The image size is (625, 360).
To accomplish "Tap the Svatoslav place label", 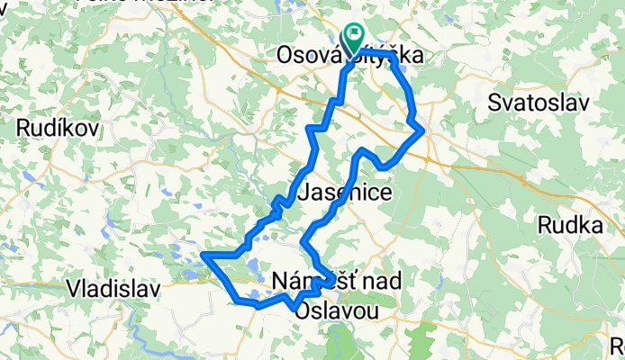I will tap(539, 102).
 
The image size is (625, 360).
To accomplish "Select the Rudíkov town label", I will tap(56, 129).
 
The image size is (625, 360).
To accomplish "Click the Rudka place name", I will tap(570, 225).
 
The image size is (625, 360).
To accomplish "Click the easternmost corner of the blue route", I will tap(423, 131).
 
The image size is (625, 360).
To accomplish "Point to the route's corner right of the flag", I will tap(392, 55).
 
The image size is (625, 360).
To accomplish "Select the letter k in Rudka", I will tap(586, 225).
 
